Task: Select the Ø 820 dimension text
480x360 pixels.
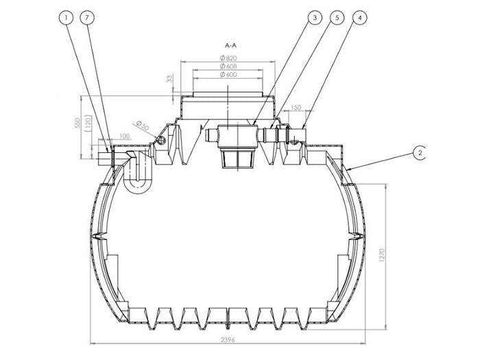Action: [228, 58]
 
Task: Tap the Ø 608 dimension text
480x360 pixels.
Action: [228, 67]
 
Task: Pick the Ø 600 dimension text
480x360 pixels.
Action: [228, 75]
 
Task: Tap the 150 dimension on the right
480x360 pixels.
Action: [296, 108]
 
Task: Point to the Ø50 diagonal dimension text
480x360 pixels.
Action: [142, 126]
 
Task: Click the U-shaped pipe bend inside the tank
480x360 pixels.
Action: [139, 173]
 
